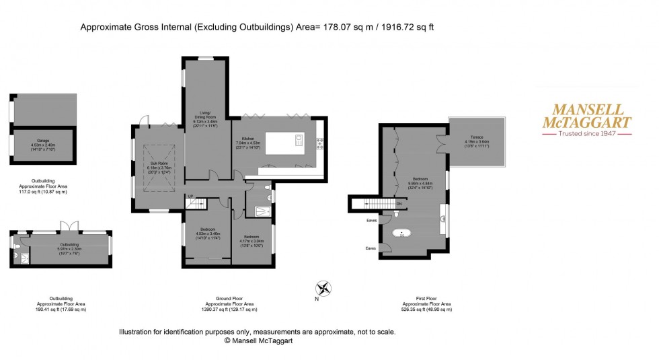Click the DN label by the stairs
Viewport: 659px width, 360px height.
(399, 204)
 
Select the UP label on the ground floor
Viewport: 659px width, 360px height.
(190, 196)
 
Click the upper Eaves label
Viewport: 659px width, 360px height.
(371, 220)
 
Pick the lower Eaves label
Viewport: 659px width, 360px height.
(371, 248)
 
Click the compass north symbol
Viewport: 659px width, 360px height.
(323, 288)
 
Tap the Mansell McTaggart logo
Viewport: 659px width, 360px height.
(587, 119)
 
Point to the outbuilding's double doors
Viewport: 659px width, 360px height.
(65, 225)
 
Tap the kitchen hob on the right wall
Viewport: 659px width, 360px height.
(320, 141)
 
